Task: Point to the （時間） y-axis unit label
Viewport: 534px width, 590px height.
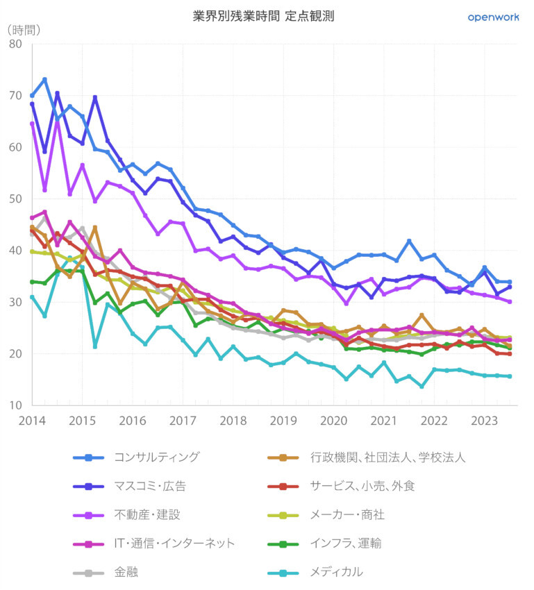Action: (24, 30)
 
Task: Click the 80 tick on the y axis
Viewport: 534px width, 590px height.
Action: (16, 44)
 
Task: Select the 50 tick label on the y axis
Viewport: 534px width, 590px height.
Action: (16, 199)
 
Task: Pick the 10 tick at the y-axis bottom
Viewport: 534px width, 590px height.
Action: (16, 405)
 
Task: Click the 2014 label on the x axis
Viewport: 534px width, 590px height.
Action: (32, 421)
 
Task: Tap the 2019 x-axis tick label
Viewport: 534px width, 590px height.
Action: (283, 421)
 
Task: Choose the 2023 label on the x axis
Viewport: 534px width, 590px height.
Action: (485, 421)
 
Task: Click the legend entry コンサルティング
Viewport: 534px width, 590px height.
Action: (156, 457)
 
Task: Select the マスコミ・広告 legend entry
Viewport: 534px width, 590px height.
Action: (149, 486)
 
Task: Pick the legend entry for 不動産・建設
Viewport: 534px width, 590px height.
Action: (147, 514)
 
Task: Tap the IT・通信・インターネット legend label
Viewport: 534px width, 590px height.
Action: (174, 543)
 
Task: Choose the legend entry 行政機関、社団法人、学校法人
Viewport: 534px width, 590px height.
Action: (387, 457)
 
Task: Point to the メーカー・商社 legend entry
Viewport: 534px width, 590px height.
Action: (347, 514)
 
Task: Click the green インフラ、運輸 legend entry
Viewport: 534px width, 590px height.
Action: (346, 543)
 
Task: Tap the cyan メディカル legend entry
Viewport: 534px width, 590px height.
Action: (336, 572)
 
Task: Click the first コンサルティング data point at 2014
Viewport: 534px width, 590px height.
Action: (32, 95)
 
